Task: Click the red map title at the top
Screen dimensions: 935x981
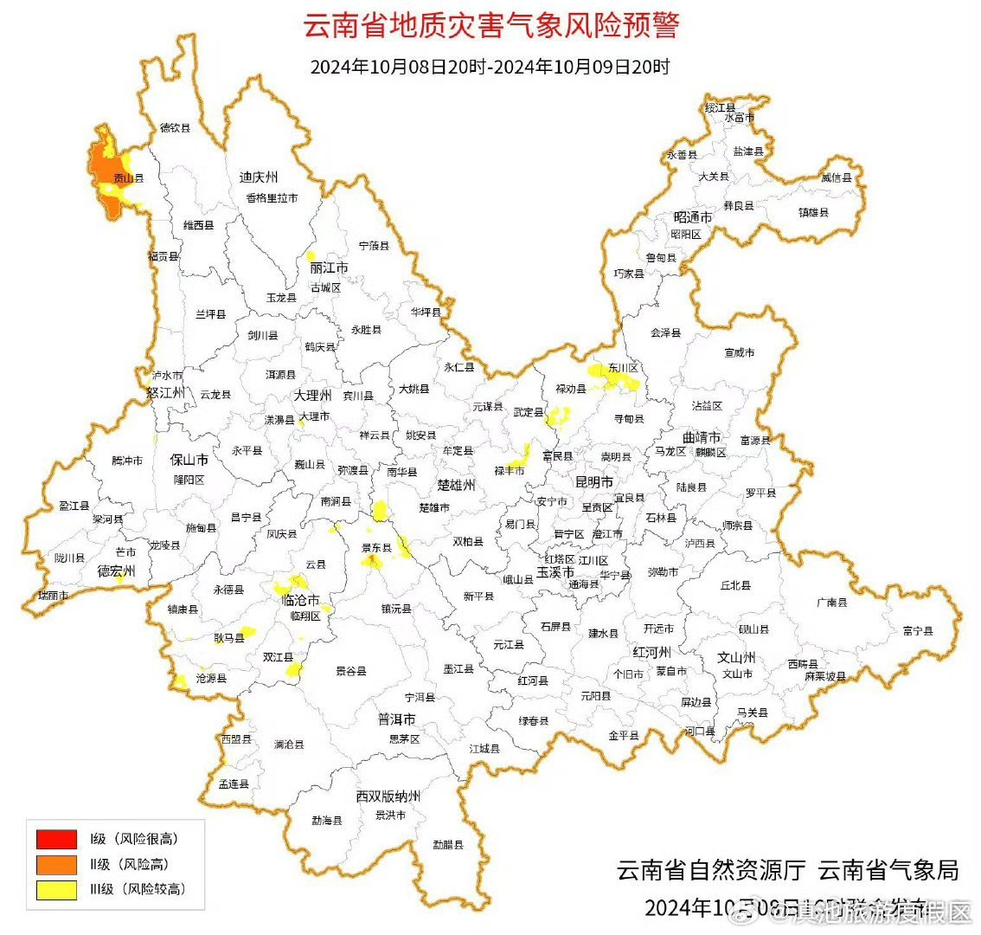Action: coord(490,25)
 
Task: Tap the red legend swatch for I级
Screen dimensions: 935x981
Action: coord(56,838)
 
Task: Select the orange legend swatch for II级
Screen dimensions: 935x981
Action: coord(56,864)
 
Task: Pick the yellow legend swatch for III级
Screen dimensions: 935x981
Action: coord(56,889)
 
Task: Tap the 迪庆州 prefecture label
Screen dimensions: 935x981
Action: coord(258,177)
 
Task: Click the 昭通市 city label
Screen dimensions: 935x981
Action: coord(693,216)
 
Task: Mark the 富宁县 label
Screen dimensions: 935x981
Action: coord(917,631)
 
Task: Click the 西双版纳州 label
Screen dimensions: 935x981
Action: coord(388,796)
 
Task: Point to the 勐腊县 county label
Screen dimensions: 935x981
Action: coord(448,844)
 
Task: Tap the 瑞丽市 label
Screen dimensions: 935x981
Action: coord(54,596)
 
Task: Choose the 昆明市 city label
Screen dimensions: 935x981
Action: coord(594,480)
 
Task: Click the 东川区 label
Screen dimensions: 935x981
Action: coord(623,368)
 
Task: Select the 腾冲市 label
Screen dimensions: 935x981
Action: coord(127,461)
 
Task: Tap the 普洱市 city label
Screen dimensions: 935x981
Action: coord(396,719)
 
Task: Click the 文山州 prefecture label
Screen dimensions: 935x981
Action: coord(737,657)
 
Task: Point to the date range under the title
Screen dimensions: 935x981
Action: coord(490,67)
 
